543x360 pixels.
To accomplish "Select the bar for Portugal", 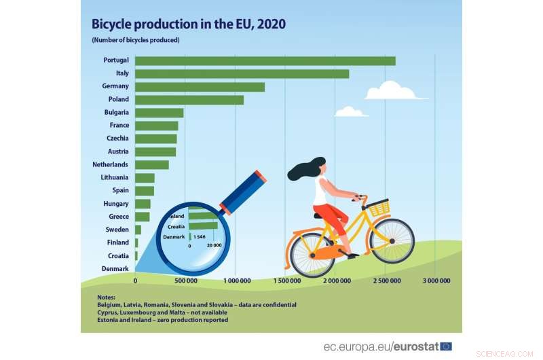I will pyautogui.click(x=265, y=60).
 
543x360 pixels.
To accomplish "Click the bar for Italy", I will pyautogui.click(x=242, y=73).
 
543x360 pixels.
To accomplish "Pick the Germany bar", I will pyautogui.click(x=200, y=86).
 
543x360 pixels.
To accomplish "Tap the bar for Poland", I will pyautogui.click(x=189, y=100).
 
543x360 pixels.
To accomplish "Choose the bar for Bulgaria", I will pyautogui.click(x=159, y=113).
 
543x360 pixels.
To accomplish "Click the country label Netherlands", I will pyautogui.click(x=110, y=164).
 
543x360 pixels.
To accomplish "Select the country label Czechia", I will pyautogui.click(x=117, y=139).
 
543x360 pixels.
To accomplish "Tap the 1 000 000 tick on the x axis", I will pyautogui.click(x=236, y=281).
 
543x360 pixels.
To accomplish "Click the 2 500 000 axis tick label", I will pyautogui.click(x=385, y=281).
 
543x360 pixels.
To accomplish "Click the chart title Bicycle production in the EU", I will pyautogui.click(x=189, y=24).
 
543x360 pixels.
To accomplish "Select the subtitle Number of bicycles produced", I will pyautogui.click(x=136, y=40).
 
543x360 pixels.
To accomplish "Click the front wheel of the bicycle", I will pyautogui.click(x=392, y=240).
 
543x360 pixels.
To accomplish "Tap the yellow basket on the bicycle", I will pyautogui.click(x=379, y=208).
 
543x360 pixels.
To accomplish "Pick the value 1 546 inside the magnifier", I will pyautogui.click(x=200, y=237).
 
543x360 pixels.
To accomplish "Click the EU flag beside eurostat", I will pyautogui.click(x=446, y=346).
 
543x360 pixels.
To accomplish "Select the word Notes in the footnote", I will pyautogui.click(x=107, y=298).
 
